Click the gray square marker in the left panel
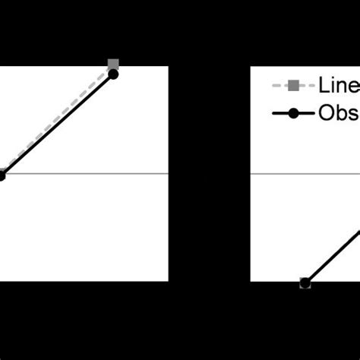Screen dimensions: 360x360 point(113,64)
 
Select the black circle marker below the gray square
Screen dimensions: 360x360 point(113,74)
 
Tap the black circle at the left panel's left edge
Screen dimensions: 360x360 point(2,175)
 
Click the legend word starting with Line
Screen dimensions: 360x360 point(339,86)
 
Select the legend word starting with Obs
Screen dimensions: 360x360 point(339,114)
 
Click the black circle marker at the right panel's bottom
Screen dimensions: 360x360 point(305,283)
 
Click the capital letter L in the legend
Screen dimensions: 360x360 point(325,86)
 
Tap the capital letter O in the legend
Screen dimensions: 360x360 point(328,114)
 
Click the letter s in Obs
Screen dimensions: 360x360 point(355,115)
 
